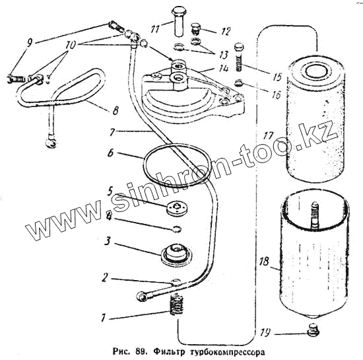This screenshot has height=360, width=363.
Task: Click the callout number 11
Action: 156,28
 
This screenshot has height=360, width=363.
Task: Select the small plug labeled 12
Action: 196,28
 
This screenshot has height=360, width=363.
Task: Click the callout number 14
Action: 223,68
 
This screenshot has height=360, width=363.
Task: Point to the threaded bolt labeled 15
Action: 239,57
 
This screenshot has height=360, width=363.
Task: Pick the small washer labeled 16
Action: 240,83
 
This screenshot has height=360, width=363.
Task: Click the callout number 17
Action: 268,136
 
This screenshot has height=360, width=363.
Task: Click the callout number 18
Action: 264,261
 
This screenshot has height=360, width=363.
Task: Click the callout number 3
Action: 107,241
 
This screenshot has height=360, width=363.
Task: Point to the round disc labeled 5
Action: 177,207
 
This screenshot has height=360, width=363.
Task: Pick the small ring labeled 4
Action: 178,229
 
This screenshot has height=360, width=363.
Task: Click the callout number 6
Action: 111,153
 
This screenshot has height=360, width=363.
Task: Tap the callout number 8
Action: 115,110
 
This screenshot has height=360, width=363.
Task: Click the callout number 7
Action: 112,132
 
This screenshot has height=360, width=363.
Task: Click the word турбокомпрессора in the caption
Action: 227,352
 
